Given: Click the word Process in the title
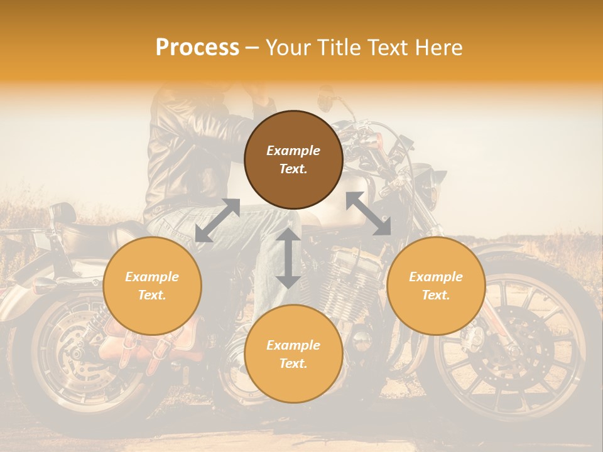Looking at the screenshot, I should [x=197, y=48].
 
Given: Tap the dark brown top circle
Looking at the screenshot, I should [x=293, y=160].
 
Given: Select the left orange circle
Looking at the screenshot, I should [x=152, y=286].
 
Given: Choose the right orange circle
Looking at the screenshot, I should [x=436, y=286].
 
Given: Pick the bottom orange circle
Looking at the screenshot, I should [x=293, y=354].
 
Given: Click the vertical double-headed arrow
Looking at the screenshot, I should [x=288, y=258].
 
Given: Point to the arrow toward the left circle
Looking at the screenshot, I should [x=217, y=220].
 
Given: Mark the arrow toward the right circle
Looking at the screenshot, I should [x=368, y=213].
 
